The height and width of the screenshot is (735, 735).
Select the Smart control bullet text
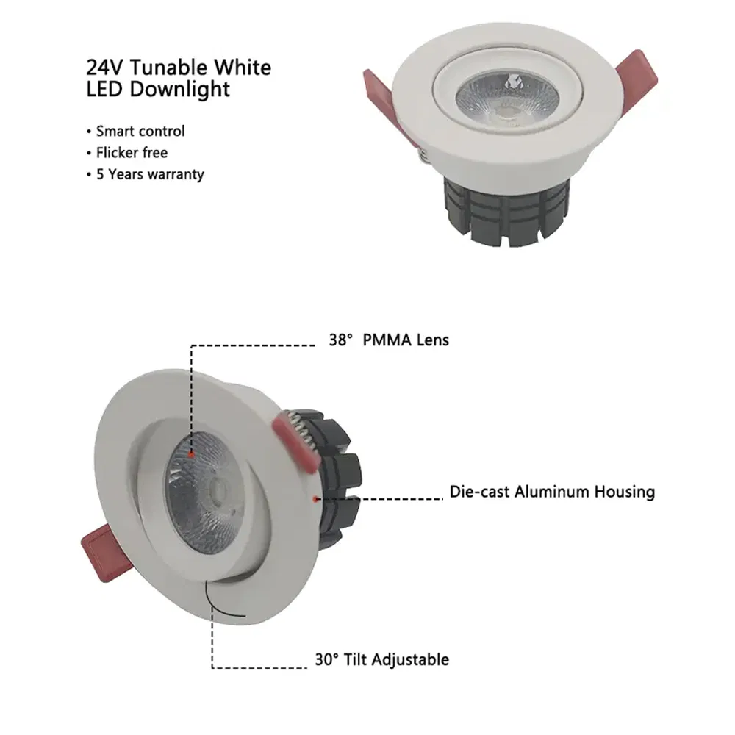(x=140, y=132)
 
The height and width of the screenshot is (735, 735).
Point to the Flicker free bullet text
(x=132, y=153)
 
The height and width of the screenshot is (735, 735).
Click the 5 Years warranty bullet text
(x=150, y=175)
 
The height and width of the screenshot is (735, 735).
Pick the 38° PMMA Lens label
(x=388, y=340)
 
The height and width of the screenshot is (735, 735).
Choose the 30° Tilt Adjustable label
(x=381, y=659)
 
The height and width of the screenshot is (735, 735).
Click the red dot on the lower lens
(x=191, y=456)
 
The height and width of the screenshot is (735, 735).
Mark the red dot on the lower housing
(x=315, y=499)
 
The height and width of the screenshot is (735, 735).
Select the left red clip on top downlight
(x=380, y=95)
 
